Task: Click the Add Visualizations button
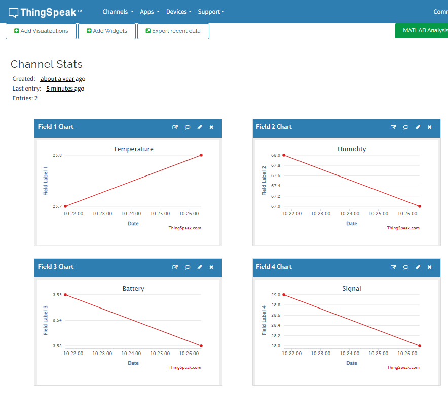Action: click(x=41, y=31)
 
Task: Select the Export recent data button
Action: click(x=173, y=31)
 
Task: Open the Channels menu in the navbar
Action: click(x=118, y=12)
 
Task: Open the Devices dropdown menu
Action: click(x=178, y=12)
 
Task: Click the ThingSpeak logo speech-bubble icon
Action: click(x=13, y=13)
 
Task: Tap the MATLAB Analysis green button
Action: click(x=422, y=30)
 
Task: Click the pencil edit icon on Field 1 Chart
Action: click(x=200, y=127)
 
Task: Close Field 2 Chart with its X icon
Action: click(x=429, y=127)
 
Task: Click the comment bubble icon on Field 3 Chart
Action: click(x=188, y=267)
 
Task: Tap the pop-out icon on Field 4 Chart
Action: click(x=393, y=267)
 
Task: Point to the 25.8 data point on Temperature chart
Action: click(x=201, y=155)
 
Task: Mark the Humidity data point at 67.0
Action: click(x=420, y=206)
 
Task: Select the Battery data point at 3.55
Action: click(x=65, y=295)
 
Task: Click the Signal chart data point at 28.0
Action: click(x=420, y=346)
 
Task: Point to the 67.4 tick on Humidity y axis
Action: click(x=275, y=186)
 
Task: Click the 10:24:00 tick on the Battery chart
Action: click(x=131, y=353)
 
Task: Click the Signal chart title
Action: click(x=352, y=288)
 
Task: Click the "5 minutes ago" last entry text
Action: click(x=65, y=89)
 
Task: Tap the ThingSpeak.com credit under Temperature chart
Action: click(x=184, y=228)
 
